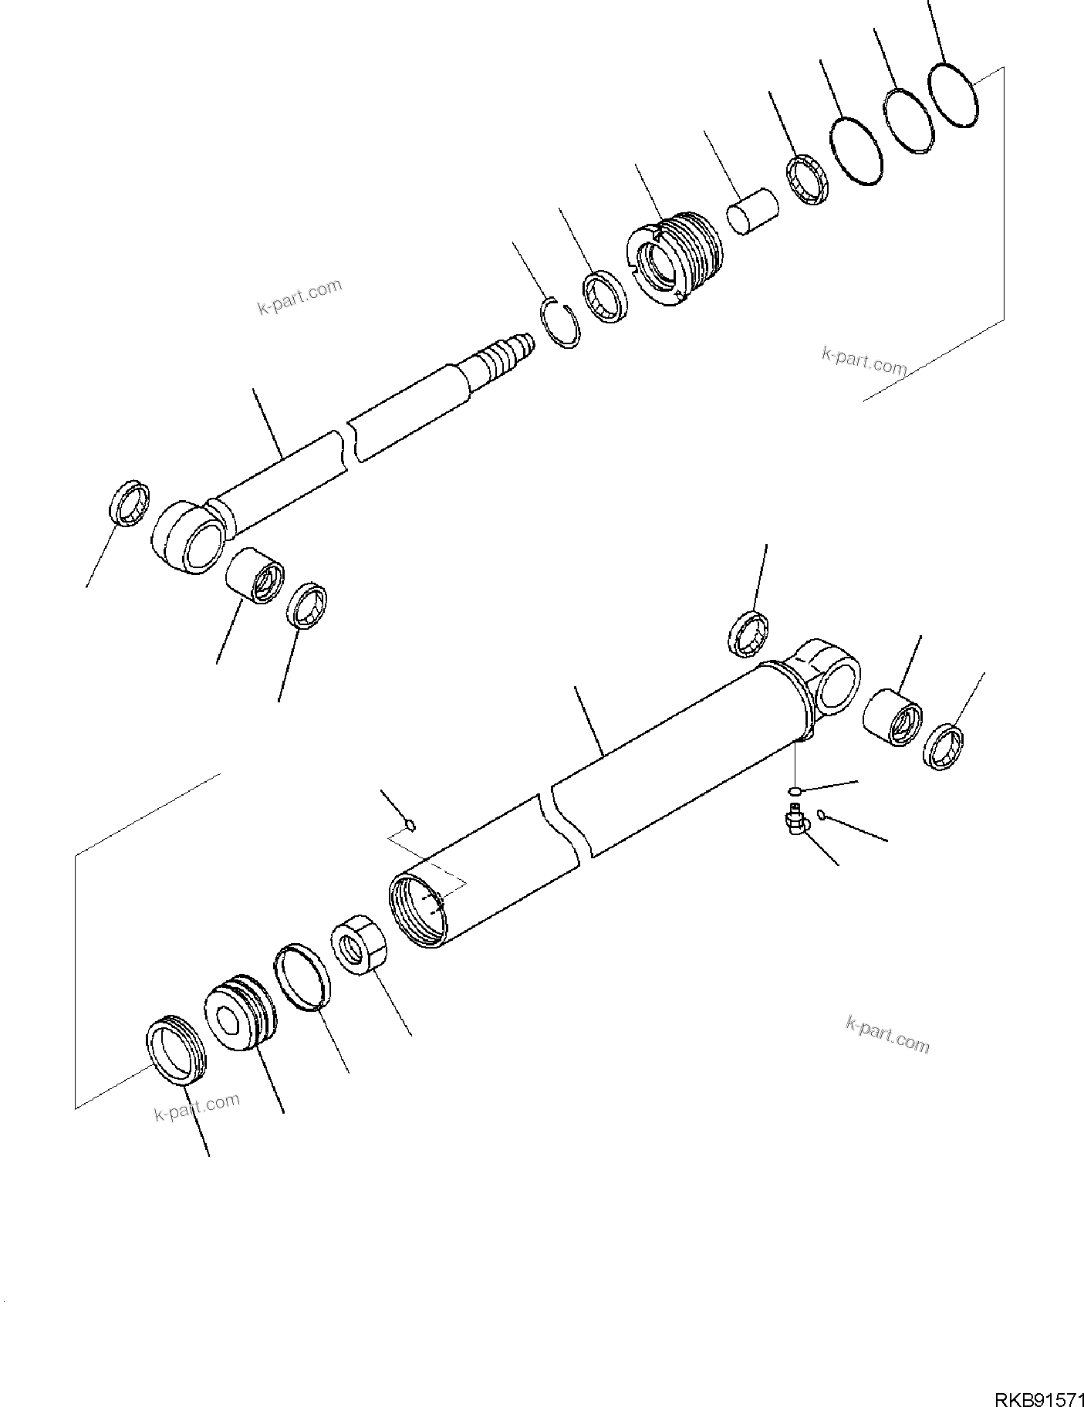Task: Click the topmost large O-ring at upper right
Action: tap(954, 95)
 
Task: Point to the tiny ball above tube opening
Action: tap(411, 825)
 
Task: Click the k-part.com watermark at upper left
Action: tap(299, 297)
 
